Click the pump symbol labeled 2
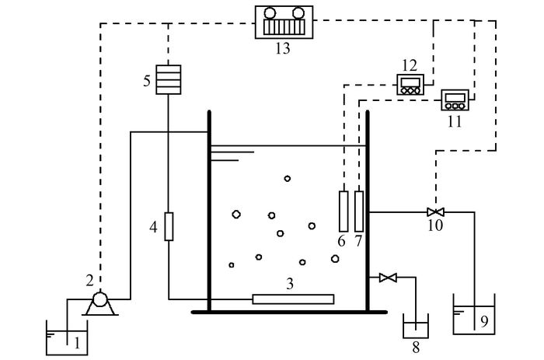point(100,303)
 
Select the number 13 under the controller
point(283,48)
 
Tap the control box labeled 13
point(284,23)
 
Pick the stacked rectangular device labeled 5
point(169,79)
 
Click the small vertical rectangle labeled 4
point(169,227)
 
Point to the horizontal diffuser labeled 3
point(293,299)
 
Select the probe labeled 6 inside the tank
point(343,211)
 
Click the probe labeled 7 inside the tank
point(359,211)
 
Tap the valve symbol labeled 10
point(435,211)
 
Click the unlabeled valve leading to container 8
point(388,278)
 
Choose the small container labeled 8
point(416,326)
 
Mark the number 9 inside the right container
point(484,321)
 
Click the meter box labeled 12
point(410,85)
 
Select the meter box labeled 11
point(455,100)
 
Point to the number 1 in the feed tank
point(77,344)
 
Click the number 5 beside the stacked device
point(147,81)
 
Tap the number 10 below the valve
point(435,225)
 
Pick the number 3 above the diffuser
point(290,284)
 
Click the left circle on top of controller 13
point(270,13)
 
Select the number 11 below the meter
point(455,122)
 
